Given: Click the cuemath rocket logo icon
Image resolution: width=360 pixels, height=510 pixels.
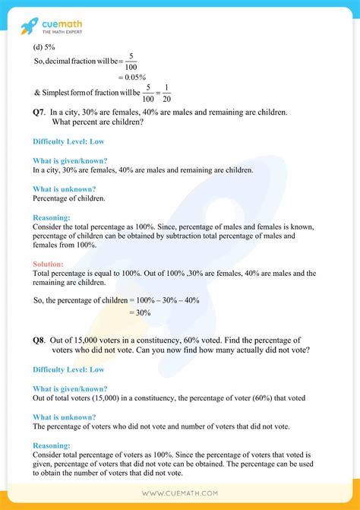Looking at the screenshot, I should pyautogui.click(x=30, y=25).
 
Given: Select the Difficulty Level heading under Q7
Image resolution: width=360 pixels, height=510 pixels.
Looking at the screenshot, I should pyautogui.click(x=68, y=141).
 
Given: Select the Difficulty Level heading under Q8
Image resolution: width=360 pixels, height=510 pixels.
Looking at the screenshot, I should pyautogui.click(x=68, y=369).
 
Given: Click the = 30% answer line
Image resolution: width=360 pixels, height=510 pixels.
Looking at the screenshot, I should pyautogui.click(x=140, y=312).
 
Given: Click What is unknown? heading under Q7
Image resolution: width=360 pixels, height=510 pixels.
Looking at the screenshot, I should pyautogui.click(x=64, y=188).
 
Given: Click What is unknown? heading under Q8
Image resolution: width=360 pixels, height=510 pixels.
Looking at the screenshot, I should pyautogui.click(x=64, y=417).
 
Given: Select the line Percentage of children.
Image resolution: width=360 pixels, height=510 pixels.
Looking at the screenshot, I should pyautogui.click(x=68, y=198).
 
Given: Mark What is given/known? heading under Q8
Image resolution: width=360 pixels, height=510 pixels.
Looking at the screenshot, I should pyautogui.click(x=70, y=388).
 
